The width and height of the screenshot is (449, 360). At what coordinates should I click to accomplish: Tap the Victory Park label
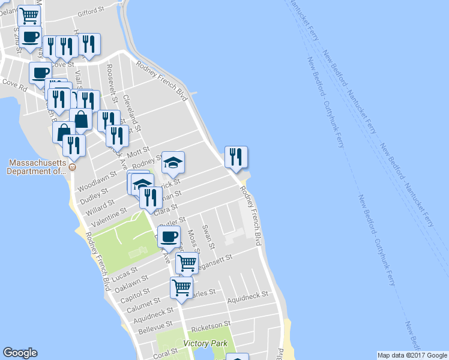(205, 343)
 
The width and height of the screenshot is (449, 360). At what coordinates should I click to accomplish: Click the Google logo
(20, 353)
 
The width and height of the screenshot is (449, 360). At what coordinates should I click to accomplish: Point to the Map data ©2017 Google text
(412, 355)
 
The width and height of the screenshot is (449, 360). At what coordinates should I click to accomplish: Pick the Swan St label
(208, 236)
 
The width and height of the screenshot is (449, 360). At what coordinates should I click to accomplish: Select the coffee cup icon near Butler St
(169, 236)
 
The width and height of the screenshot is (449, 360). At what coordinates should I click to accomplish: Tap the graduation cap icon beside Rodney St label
(173, 162)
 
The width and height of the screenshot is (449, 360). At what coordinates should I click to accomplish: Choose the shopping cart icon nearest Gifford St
(29, 16)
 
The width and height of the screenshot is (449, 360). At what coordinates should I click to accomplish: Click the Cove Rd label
(15, 85)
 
